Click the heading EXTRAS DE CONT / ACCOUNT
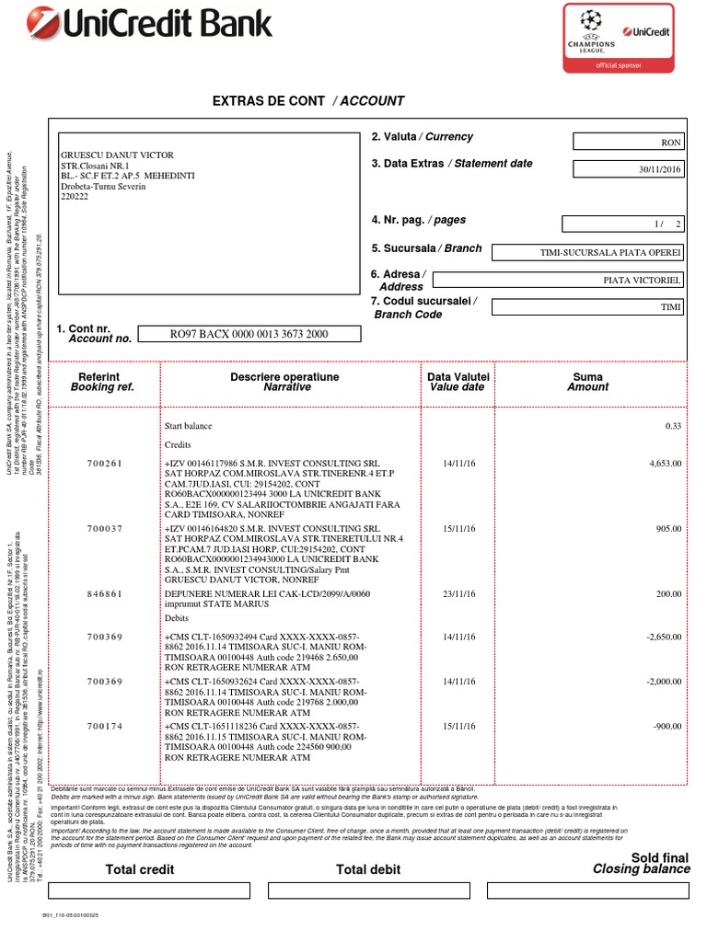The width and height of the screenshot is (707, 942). pos(308,101)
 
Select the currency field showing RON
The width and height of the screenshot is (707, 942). pos(628,142)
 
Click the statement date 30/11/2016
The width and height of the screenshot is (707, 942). pos(628,169)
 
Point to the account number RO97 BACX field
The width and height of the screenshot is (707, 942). pos(249,334)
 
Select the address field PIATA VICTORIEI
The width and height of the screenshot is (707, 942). pos(558,280)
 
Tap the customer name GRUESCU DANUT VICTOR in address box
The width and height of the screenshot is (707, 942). pos(117,155)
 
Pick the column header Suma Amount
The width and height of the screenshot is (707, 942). pos(587,383)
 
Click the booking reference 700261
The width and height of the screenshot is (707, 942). pos(104,464)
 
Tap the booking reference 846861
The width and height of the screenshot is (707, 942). pos(104,594)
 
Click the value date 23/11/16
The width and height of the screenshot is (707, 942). pos(458,594)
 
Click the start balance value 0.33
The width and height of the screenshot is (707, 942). pos(673,426)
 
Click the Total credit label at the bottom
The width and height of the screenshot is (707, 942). pos(140,869)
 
